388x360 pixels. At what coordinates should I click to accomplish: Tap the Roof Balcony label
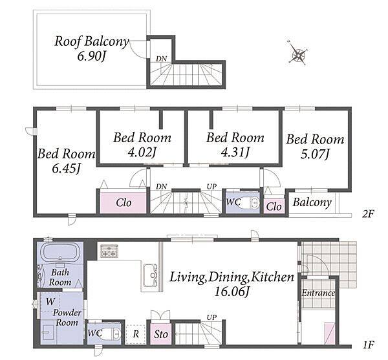pos(92,41)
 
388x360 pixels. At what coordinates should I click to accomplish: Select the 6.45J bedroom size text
pos(67,169)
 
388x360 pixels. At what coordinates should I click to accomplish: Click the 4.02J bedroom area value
pos(142,152)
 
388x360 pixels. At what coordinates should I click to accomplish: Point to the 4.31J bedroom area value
pos(235,152)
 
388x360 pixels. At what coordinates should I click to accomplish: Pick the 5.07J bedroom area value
pos(315,154)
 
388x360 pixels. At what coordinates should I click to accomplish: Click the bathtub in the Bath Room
pos(60,252)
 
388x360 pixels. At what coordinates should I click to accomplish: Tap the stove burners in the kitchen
pos(109,251)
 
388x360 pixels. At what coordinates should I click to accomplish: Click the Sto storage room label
pos(161,335)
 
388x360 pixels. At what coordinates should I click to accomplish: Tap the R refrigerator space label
pos(136,334)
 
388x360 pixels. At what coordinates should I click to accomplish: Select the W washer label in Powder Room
pos(50,301)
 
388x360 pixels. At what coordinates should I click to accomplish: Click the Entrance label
pos(318,293)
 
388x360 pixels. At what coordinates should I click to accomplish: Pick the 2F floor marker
pos(368,214)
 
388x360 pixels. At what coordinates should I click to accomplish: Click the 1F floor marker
pos(369,344)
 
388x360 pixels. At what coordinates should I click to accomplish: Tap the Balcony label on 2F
pos(312,202)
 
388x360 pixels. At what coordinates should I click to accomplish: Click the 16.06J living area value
pos(232,291)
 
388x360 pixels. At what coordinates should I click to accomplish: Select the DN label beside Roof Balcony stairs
pos(161,59)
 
